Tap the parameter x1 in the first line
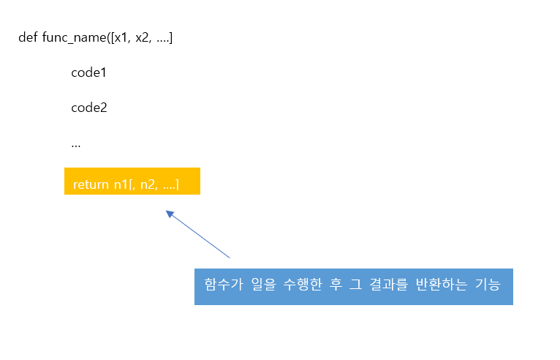tap(121, 37)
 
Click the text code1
tap(89, 72)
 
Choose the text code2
tap(89, 108)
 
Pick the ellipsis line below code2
tap(76, 144)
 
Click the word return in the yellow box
tap(91, 184)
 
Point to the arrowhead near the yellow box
tap(170, 214)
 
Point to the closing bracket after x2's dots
tap(170, 37)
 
